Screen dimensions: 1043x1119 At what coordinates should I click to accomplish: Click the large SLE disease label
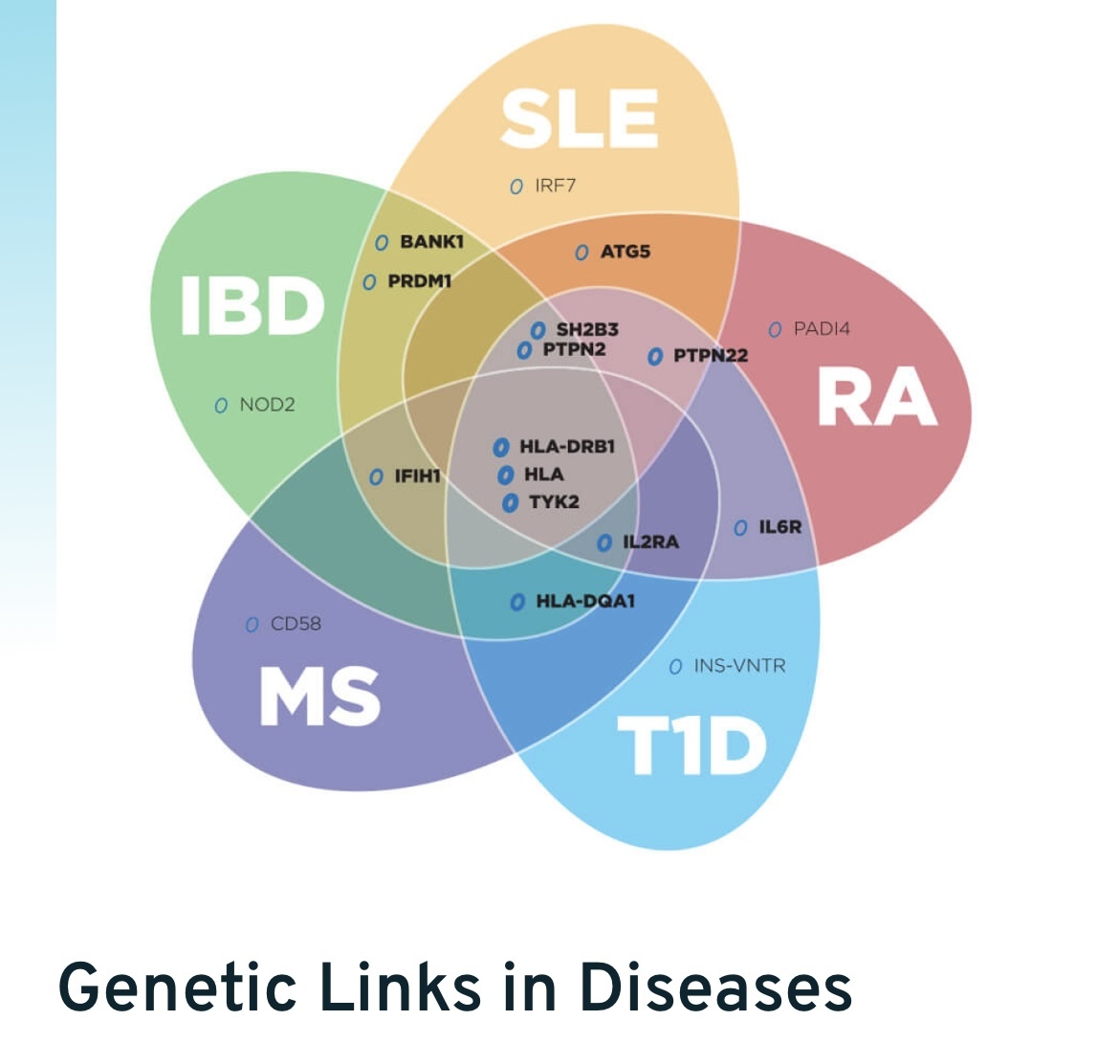point(580,119)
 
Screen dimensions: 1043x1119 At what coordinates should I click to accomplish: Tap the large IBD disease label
point(252,305)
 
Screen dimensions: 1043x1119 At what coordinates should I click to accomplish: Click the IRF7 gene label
point(555,186)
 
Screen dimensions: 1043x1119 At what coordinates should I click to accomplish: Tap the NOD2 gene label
point(267,405)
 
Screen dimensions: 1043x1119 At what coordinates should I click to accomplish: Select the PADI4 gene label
point(822,329)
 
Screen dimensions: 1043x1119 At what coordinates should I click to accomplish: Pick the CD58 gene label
point(296,624)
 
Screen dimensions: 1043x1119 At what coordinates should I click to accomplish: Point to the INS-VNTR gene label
point(739,665)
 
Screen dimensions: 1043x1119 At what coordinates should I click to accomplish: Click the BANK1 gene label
point(431,242)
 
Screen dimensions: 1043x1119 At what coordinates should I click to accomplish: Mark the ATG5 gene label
point(625,252)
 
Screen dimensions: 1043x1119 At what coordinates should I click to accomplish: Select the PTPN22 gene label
point(710,356)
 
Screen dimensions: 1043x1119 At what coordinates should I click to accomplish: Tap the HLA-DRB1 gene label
point(566,447)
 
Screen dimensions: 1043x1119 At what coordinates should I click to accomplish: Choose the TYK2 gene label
point(554,501)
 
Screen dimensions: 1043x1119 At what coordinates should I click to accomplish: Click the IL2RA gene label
point(650,543)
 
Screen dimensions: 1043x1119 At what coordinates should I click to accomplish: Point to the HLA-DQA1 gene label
point(584,601)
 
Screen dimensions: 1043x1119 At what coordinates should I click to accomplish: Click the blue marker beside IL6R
point(740,528)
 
